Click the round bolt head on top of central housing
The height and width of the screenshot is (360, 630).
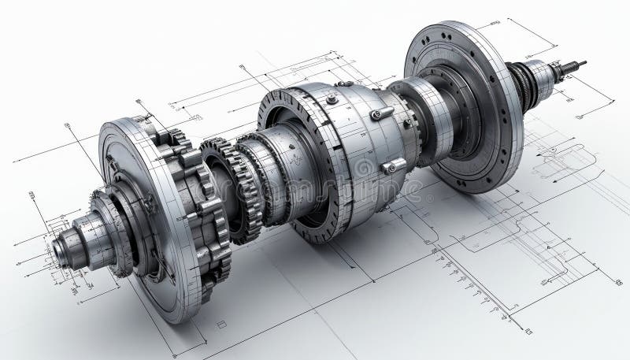[x=332, y=99]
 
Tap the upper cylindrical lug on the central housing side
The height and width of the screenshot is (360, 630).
[x=383, y=113]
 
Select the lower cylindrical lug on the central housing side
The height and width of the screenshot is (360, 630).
[x=393, y=165]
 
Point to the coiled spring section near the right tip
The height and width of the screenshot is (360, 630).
[x=524, y=83]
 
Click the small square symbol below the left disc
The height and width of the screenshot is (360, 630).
[x=221, y=323]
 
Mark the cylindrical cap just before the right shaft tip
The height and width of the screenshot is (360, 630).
[x=543, y=76]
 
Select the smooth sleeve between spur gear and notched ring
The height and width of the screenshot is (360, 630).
[x=264, y=177]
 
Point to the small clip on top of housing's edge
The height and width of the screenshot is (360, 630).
[x=344, y=83]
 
